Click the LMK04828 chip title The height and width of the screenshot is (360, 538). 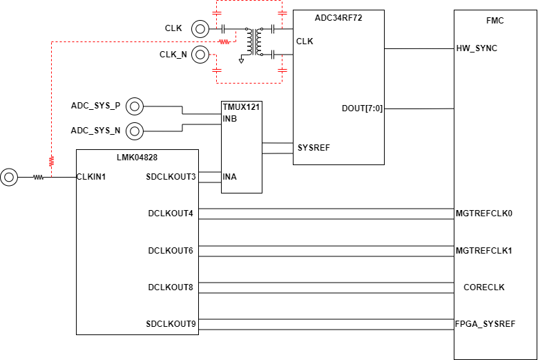click(137, 158)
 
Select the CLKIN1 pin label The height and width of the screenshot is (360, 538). click(90, 177)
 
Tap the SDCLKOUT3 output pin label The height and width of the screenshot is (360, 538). click(171, 177)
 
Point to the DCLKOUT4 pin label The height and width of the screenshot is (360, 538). click(171, 214)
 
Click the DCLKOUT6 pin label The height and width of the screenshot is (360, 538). click(171, 250)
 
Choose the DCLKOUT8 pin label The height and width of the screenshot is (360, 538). click(171, 287)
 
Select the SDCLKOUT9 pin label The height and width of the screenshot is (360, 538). click(171, 324)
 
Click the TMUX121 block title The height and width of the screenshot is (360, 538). click(241, 107)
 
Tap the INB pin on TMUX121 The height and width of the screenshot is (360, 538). click(230, 119)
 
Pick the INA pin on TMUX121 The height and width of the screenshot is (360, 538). click(230, 177)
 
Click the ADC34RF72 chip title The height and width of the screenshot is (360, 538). click(338, 18)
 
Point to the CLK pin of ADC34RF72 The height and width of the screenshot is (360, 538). click(305, 41)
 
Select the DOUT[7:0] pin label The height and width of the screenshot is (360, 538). click(362, 108)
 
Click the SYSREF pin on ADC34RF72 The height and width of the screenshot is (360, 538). click(314, 148)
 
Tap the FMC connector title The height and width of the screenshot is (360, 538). click(495, 21)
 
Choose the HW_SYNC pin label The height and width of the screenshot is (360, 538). click(477, 48)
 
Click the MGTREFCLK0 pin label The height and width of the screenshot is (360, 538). click(484, 214)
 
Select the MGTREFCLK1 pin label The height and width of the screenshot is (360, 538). click(484, 250)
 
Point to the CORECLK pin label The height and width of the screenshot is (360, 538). click(484, 287)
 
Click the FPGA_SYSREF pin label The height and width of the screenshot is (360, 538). click(485, 324)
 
